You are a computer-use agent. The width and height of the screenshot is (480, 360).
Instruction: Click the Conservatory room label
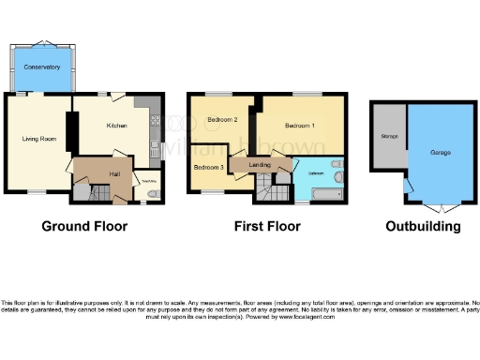tap(42, 67)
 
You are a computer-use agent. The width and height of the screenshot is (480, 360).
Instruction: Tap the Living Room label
tap(40, 139)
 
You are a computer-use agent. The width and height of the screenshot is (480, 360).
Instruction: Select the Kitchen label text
tap(117, 125)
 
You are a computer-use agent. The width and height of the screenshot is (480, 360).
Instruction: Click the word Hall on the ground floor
tap(113, 173)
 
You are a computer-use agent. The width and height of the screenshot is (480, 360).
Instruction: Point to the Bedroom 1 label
tap(300, 125)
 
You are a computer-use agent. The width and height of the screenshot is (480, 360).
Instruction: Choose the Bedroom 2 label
tap(222, 120)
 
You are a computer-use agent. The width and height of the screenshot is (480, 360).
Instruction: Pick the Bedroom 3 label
tap(209, 167)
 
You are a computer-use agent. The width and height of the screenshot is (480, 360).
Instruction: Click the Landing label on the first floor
tap(260, 166)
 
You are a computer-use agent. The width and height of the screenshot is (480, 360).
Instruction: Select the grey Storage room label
tap(388, 137)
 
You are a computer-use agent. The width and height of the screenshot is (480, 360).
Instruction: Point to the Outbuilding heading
tap(422, 226)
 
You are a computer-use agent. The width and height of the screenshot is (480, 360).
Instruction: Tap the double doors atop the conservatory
tap(42, 43)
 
